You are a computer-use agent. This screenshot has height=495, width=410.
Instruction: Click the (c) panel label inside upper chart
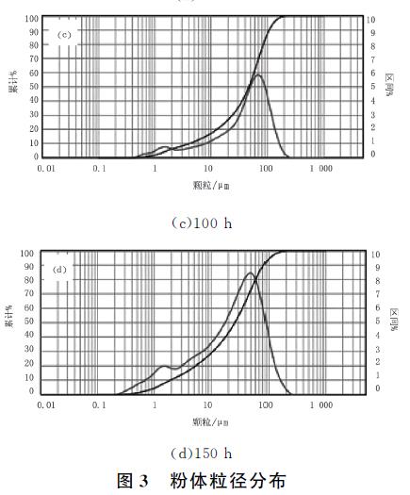pyautogui.click(x=65, y=35)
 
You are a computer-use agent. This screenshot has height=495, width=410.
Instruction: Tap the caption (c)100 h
pyautogui.click(x=204, y=223)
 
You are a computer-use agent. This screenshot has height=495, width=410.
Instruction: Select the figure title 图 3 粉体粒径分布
pyautogui.click(x=204, y=480)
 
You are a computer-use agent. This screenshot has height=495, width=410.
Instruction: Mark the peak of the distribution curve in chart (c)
pyautogui.click(x=257, y=75)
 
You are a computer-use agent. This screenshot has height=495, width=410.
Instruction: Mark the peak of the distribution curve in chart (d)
pyautogui.click(x=250, y=273)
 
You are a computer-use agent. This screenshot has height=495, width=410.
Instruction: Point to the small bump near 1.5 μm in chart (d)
pyautogui.click(x=164, y=367)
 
